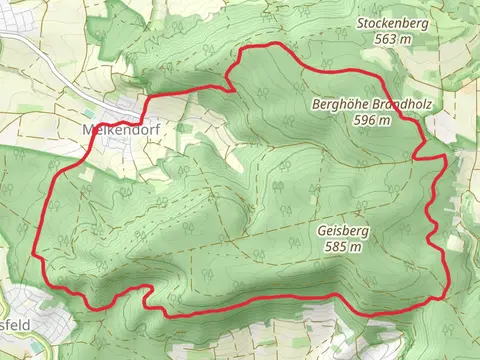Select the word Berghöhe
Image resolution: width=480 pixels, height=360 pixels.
tap(338, 103)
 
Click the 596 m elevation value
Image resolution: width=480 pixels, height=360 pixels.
tap(371, 120)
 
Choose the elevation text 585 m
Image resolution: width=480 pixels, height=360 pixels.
tap(343, 247)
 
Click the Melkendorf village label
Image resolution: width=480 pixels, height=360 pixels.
tap(116, 130)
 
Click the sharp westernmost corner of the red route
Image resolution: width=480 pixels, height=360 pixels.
tap(37, 253)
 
